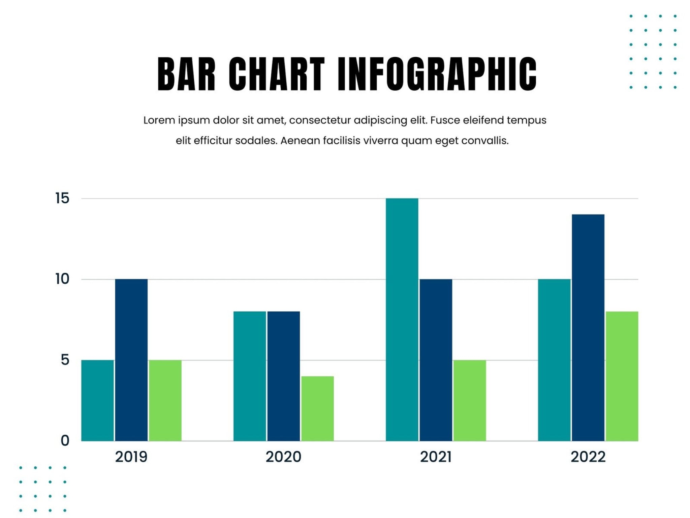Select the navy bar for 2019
click(131, 360)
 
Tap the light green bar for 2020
click(317, 408)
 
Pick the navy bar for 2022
click(588, 327)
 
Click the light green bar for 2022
click(622, 376)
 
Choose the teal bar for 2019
click(97, 400)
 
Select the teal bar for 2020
click(250, 376)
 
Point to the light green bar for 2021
click(470, 400)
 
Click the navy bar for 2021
click(436, 360)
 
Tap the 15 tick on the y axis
click(62, 198)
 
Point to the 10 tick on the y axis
click(62, 279)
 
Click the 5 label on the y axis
click(65, 360)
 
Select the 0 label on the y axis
click(65, 440)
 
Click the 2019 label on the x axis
click(131, 457)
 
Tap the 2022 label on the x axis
click(588, 457)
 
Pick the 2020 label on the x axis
click(283, 457)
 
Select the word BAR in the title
click(186, 74)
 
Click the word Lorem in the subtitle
click(159, 120)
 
